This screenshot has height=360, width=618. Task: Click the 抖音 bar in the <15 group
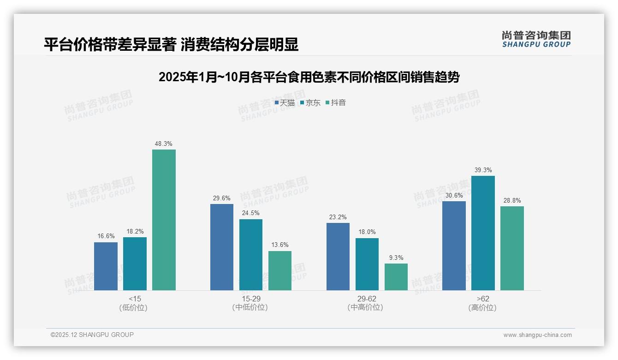tap(164, 220)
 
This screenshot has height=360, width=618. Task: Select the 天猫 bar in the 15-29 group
tap(222, 247)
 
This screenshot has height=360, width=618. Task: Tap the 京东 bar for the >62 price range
tap(483, 233)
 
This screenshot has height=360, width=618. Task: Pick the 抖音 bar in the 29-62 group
tap(396, 277)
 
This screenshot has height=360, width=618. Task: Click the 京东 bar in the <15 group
tap(135, 264)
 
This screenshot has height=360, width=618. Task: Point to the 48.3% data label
tap(164, 144)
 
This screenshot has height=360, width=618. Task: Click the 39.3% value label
tap(483, 170)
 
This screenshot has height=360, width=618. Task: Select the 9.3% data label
tap(396, 258)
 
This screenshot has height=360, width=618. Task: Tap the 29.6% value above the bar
tap(222, 198)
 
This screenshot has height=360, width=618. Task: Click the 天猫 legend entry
tap(285, 102)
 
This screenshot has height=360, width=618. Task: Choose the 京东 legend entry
tap(310, 102)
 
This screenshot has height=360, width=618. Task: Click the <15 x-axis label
tap(135, 299)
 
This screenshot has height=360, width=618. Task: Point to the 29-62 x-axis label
tap(367, 299)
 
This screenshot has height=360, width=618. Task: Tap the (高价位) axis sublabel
tap(483, 307)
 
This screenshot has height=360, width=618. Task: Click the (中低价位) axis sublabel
tap(250, 307)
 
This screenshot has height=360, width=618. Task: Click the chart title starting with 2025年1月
tap(309, 77)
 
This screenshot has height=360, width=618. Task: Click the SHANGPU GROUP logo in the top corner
tap(536, 39)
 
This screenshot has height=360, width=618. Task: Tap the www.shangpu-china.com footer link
tap(537, 335)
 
